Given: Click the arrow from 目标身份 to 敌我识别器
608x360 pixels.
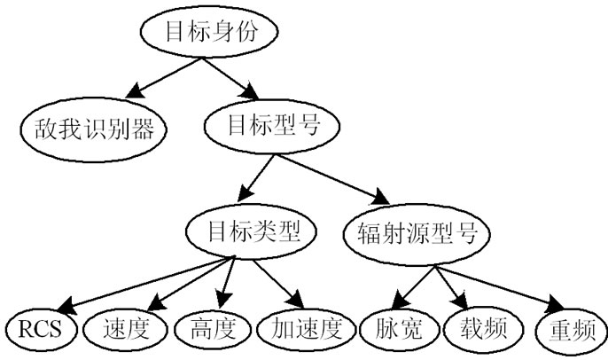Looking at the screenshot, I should tap(164, 78).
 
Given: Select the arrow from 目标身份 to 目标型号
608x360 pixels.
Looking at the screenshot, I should tap(229, 77).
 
